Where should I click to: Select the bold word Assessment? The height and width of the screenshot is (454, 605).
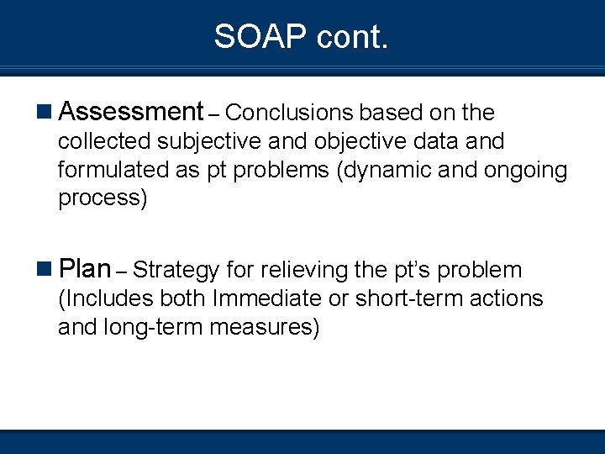pyautogui.click(x=132, y=112)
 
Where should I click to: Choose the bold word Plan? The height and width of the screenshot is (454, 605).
pyautogui.click(x=86, y=270)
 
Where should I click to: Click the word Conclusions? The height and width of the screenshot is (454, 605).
pyautogui.click(x=292, y=113)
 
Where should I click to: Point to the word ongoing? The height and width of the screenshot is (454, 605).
pyautogui.click(x=526, y=171)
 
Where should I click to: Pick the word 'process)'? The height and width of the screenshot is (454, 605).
pyautogui.click(x=102, y=199)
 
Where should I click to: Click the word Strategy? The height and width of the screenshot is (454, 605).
pyautogui.click(x=176, y=271)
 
